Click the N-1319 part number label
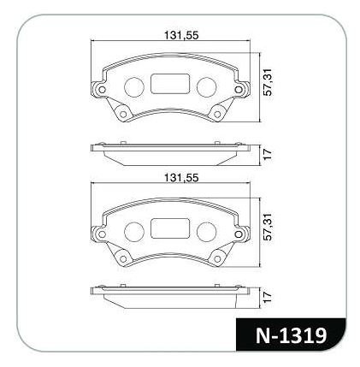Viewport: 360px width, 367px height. pyautogui.click(x=291, y=335)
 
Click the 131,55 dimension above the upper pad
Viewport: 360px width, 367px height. pyautogui.click(x=181, y=35)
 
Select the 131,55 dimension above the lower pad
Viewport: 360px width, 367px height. pyautogui.click(x=181, y=178)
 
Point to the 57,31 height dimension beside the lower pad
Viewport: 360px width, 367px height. pyautogui.click(x=269, y=227)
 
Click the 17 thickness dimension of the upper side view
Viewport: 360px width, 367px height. pyautogui.click(x=269, y=154)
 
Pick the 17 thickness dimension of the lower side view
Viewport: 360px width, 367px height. pyautogui.click(x=269, y=297)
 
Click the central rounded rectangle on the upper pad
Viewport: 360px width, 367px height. pyautogui.click(x=170, y=84)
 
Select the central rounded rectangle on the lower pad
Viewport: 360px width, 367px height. pyautogui.click(x=170, y=228)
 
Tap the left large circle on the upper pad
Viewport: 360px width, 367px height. pyautogui.click(x=134, y=87)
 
